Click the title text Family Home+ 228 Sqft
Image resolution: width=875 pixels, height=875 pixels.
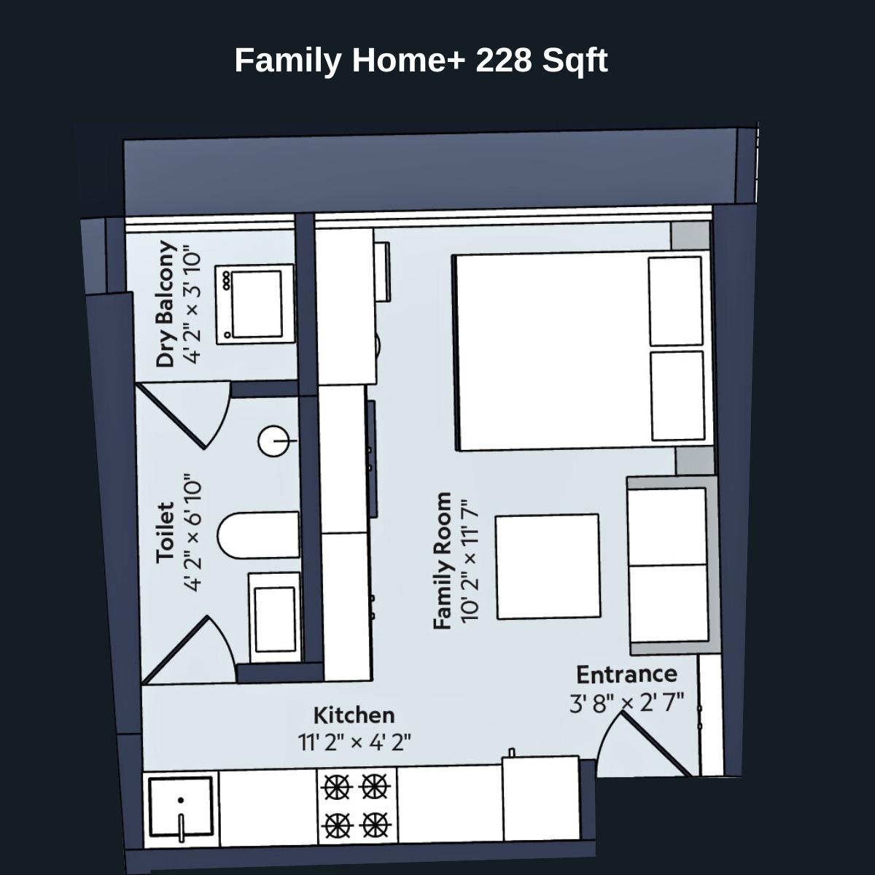click(421, 61)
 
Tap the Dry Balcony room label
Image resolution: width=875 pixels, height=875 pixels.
click(166, 304)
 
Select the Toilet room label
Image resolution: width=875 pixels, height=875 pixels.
click(166, 532)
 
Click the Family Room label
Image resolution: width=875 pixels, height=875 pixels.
click(442, 561)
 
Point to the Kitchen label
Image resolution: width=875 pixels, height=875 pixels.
click(354, 715)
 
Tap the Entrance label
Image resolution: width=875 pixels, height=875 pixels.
click(626, 674)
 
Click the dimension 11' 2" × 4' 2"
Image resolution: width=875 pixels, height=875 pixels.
click(354, 742)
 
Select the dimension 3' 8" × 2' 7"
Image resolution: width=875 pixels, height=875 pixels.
click(626, 703)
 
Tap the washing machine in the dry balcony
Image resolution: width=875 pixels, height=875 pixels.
click(254, 303)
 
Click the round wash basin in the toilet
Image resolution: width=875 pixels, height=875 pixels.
click(275, 441)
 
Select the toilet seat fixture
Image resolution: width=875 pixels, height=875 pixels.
click(259, 534)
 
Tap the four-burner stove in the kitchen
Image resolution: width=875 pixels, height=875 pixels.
click(356, 806)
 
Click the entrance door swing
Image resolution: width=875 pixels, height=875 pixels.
click(642, 744)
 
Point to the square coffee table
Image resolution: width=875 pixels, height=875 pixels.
click(547, 566)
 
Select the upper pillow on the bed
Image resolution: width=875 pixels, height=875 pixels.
click(676, 301)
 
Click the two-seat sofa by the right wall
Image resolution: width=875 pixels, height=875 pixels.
click(669, 565)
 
